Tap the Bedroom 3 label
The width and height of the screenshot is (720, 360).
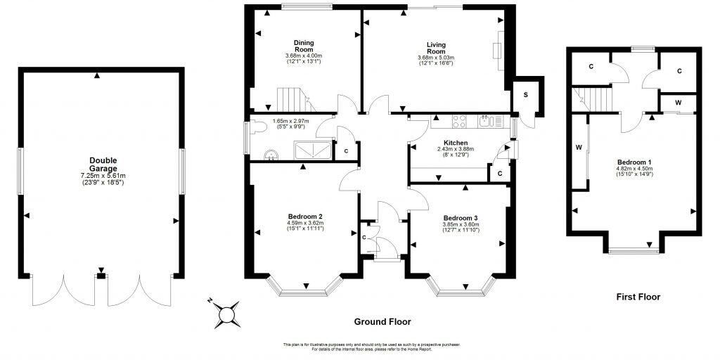tap(461, 217)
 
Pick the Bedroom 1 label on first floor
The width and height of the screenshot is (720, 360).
tap(634, 161)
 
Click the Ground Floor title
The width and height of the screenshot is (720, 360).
tap(382, 321)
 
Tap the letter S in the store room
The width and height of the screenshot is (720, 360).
tap(525, 95)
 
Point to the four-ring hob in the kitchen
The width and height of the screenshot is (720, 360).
tap(461, 122)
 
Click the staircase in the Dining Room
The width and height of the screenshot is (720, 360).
tap(292, 100)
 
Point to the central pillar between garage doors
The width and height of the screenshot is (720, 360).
tap(102, 275)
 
